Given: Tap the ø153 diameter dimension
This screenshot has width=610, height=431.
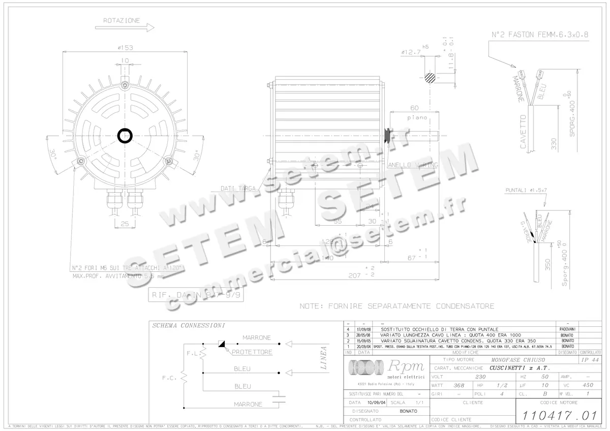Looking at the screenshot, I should [125, 48].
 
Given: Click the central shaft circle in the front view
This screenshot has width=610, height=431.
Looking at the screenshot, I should [125, 136].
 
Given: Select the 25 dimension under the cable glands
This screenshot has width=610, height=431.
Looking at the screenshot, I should [125, 224].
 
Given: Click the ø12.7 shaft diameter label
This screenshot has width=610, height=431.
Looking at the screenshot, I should [411, 52].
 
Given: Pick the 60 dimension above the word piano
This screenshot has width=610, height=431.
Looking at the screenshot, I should [414, 108].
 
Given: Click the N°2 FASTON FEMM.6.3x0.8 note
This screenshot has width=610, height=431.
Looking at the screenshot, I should [540, 35].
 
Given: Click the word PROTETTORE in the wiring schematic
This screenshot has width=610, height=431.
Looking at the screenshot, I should [252, 352].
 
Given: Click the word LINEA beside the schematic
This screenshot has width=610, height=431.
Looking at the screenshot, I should [323, 357].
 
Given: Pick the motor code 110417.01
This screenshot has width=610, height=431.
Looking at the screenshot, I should [556, 415].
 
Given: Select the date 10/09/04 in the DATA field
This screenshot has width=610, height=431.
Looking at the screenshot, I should [375, 402].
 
